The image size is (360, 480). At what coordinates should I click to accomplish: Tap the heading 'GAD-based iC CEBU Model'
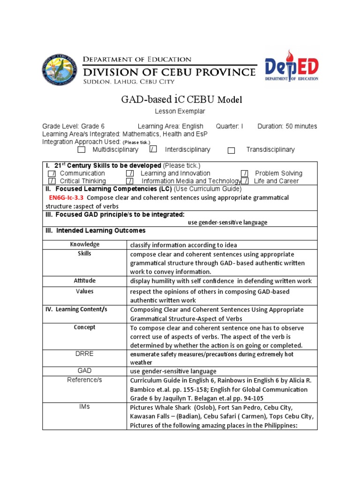(x=176, y=99)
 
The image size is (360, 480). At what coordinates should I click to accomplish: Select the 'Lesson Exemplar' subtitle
(x=173, y=111)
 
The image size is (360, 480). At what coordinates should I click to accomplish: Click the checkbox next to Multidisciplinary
(x=82, y=150)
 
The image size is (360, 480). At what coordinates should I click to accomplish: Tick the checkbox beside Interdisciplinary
(x=153, y=150)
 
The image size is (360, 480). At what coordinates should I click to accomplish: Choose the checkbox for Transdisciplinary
(x=231, y=150)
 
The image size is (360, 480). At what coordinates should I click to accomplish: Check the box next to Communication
(x=52, y=174)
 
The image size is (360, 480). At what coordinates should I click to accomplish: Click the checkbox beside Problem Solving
(x=245, y=174)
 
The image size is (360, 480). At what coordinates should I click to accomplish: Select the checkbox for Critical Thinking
(x=52, y=181)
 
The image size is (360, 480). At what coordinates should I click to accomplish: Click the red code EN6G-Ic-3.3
(x=66, y=198)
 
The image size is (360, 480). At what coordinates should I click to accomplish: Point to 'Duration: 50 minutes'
(x=287, y=126)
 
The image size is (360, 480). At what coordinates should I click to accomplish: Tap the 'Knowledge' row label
(x=85, y=244)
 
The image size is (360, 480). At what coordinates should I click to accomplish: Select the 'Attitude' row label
(x=85, y=281)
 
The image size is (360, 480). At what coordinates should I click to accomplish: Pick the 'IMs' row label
(x=85, y=407)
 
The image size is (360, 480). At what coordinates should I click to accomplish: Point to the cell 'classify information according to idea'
(x=183, y=245)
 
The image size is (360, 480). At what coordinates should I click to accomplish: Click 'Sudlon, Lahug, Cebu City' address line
(x=129, y=82)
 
